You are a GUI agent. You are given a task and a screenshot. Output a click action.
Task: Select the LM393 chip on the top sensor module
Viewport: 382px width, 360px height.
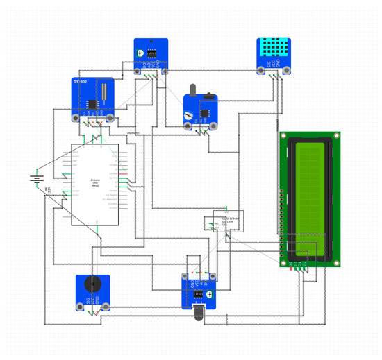click(x=153, y=52)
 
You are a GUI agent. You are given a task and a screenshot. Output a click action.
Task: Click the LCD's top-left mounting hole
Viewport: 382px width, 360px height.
click(x=284, y=136)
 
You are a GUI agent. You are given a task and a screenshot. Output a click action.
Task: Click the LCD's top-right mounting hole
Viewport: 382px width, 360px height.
click(x=336, y=136)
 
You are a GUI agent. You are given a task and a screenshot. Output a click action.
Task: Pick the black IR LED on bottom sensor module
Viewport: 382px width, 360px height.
click(x=200, y=314)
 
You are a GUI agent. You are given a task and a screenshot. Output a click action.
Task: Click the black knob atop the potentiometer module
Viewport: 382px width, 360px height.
click(x=193, y=89)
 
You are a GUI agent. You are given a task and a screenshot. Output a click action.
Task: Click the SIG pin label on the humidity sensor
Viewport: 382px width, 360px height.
click(x=268, y=65)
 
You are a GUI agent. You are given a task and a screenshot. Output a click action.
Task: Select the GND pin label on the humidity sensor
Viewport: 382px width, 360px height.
click(x=279, y=65)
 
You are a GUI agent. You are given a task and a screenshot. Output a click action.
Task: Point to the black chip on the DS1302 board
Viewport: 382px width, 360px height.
click(x=91, y=104)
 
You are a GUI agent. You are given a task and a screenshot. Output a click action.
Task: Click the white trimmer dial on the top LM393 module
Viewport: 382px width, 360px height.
click(x=141, y=52)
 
